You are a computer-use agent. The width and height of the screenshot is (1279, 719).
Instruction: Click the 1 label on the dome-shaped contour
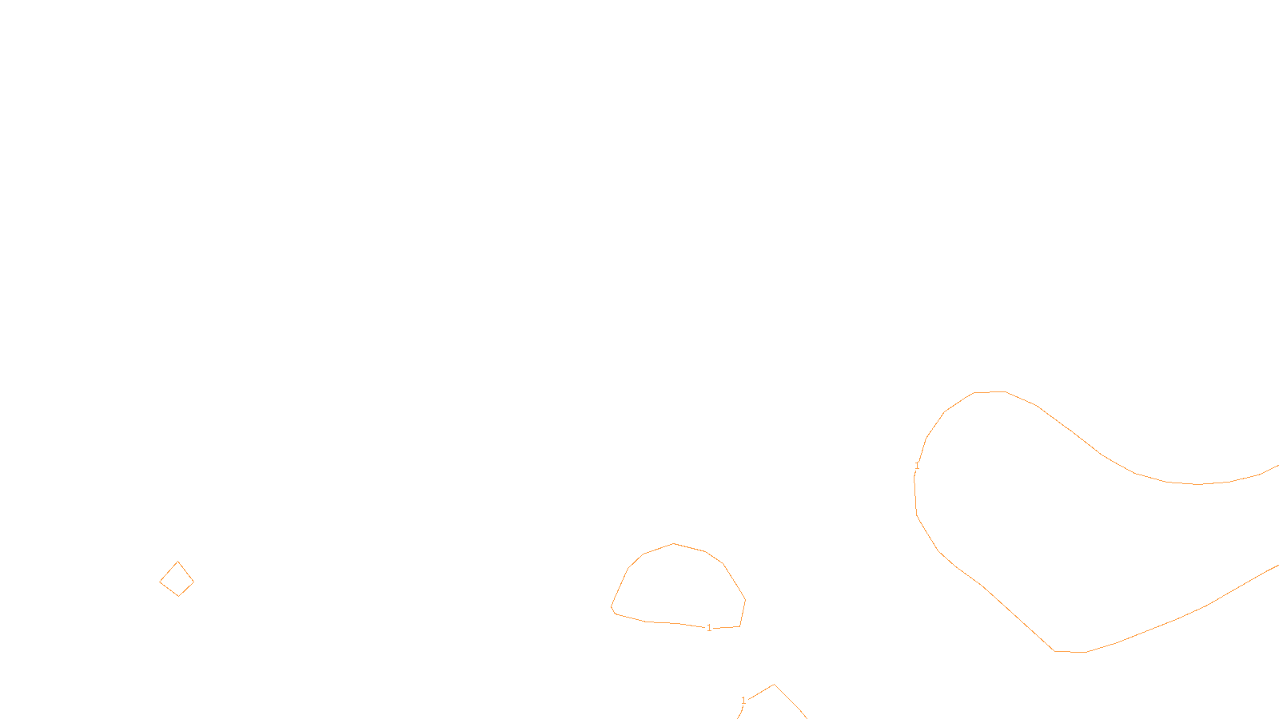(709, 628)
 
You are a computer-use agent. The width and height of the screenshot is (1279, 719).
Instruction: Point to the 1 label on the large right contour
(917, 466)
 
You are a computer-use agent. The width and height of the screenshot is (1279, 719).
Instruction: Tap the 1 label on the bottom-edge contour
(743, 701)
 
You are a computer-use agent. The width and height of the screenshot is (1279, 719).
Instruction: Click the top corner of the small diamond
(177, 562)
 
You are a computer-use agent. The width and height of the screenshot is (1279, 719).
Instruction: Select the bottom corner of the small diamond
(179, 595)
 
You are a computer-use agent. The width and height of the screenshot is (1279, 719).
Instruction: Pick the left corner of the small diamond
(160, 581)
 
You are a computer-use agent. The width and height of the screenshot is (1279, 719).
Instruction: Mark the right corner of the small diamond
(193, 582)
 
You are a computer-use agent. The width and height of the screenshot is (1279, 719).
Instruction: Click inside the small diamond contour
(177, 580)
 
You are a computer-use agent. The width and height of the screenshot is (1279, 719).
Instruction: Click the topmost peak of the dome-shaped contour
(674, 544)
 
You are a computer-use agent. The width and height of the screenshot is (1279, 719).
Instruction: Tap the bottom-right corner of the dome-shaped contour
(739, 626)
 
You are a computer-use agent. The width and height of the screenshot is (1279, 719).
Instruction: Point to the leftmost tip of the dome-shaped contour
(612, 608)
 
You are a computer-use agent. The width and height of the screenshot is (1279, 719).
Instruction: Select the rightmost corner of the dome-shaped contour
(745, 600)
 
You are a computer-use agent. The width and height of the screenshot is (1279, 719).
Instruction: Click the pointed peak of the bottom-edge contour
(774, 685)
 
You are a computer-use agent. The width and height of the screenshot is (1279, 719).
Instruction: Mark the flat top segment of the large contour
(990, 392)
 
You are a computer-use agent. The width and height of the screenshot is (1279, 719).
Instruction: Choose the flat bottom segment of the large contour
(1070, 652)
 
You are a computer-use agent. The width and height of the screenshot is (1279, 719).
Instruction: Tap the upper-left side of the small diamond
(169, 571)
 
